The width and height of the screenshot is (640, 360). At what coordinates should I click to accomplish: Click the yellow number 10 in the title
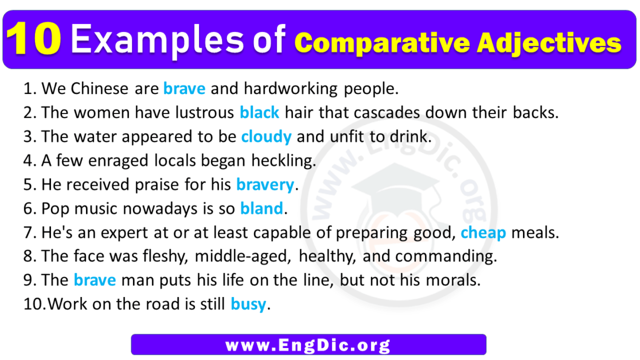(x=36, y=41)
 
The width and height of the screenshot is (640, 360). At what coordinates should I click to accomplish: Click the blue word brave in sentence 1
(x=184, y=89)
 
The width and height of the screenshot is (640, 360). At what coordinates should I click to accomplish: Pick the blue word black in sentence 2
(x=259, y=113)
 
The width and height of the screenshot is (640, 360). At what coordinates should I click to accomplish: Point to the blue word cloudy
(x=266, y=137)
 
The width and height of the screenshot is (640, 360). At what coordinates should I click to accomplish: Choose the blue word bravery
(x=264, y=185)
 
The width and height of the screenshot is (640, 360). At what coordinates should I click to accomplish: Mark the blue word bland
(x=262, y=209)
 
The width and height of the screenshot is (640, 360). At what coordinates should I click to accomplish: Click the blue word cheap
(x=483, y=233)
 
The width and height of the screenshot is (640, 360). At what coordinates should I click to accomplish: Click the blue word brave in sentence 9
(x=95, y=280)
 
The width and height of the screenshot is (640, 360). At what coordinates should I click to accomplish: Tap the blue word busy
(x=248, y=304)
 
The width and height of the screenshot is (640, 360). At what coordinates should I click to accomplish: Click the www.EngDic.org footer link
(x=308, y=345)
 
